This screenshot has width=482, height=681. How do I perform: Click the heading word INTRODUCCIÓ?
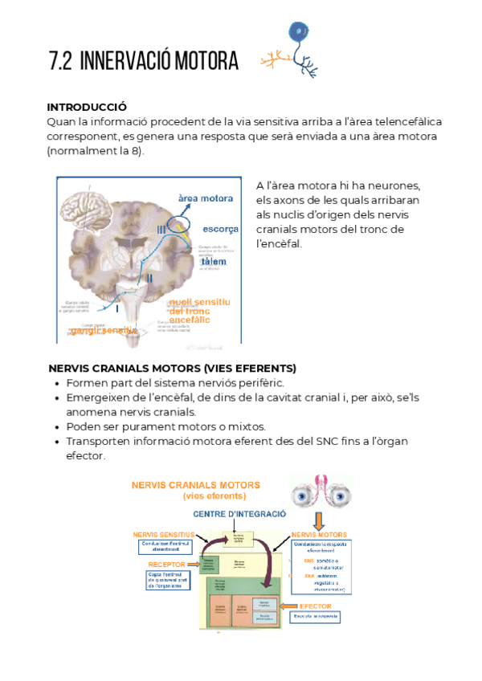[x=88, y=107]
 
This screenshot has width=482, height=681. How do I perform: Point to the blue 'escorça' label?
[x=220, y=229]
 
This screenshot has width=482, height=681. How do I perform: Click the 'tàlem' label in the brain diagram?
[x=214, y=263]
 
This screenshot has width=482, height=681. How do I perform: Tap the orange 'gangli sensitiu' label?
[x=103, y=330]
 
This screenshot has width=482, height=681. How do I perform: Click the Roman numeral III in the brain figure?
[x=161, y=230]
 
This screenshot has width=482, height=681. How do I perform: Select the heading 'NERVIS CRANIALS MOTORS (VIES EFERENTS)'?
[x=172, y=368]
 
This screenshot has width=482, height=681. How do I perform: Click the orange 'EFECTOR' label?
[x=321, y=606]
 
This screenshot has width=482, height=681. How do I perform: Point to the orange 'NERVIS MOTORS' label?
[x=319, y=534]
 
